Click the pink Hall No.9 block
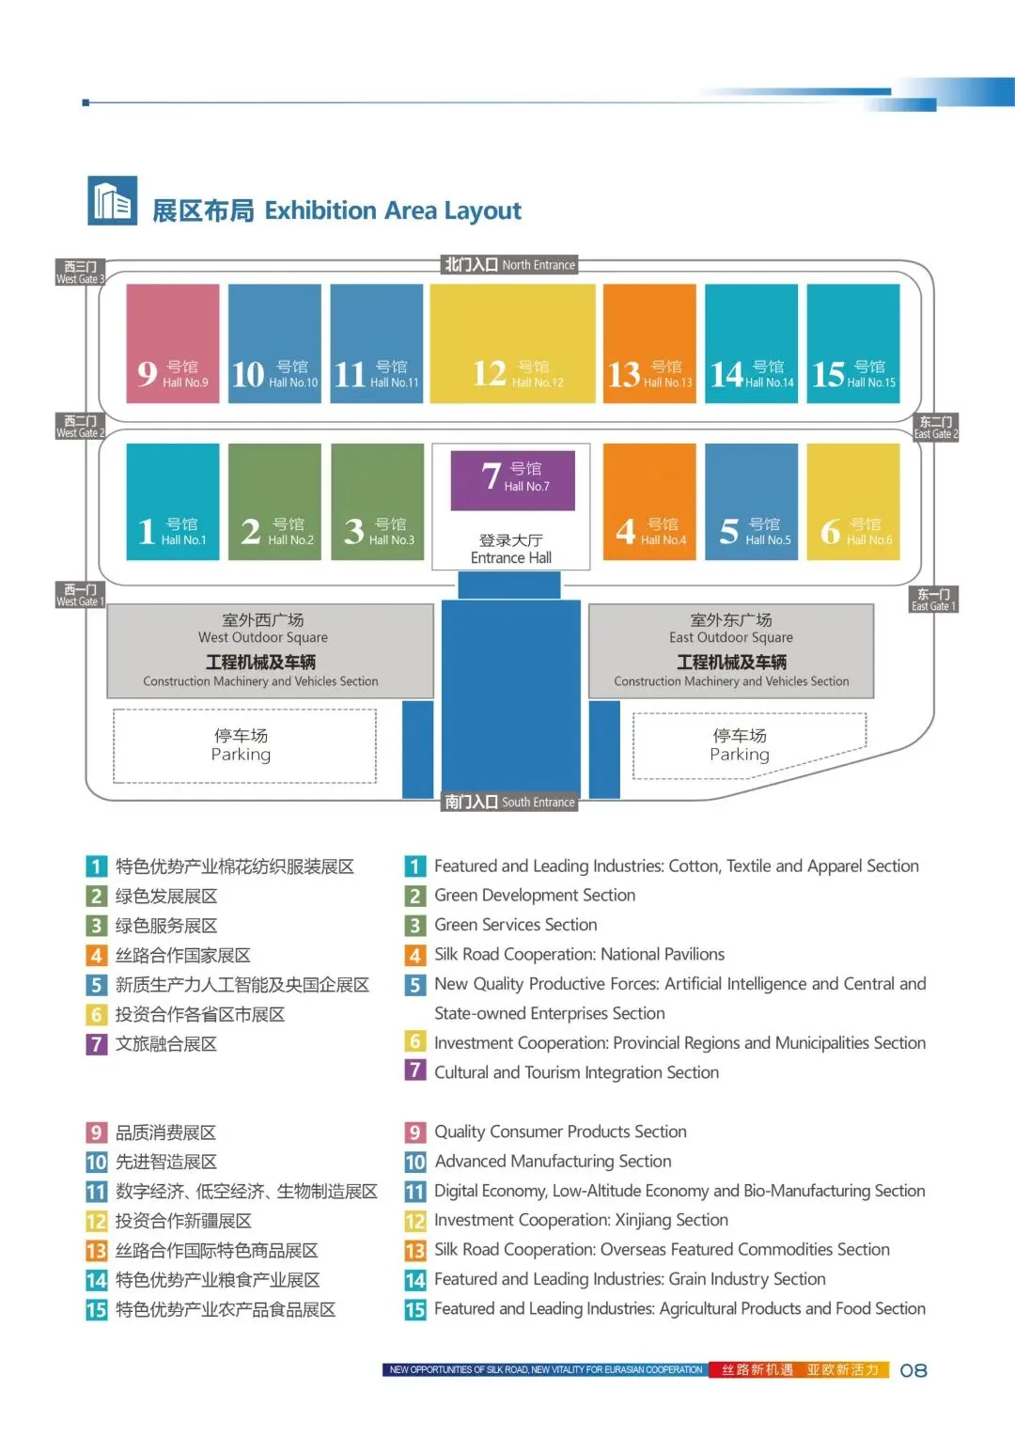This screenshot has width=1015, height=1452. coord(173,343)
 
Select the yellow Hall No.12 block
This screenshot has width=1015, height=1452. coord(512,343)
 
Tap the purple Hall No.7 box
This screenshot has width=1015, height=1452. coord(512,480)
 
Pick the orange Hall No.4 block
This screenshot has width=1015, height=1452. coord(649,502)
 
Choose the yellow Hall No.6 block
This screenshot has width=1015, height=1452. coord(853,502)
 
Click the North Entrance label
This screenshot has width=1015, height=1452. coord(510,265)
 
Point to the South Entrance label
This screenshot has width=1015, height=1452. coord(510,802)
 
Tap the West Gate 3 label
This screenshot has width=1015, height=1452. coord(80,273)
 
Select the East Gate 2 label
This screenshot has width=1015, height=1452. coord(936,428)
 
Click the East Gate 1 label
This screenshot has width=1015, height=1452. coord(934,600)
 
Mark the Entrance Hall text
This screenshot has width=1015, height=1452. coord(510,557)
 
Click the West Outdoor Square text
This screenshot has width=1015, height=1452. coord(263,637)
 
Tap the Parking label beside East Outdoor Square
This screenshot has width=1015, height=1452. coord(740,745)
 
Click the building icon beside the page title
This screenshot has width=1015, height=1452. coord(113,201)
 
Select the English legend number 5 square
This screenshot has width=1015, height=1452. coord(415,985)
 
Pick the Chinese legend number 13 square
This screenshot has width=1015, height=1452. coord(96,1251)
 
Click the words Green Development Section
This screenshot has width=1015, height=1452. coord(535,896)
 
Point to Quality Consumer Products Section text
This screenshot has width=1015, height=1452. coord(560,1132)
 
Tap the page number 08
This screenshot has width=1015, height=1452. coord(913,1370)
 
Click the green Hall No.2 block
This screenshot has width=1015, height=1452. coord(274,502)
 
